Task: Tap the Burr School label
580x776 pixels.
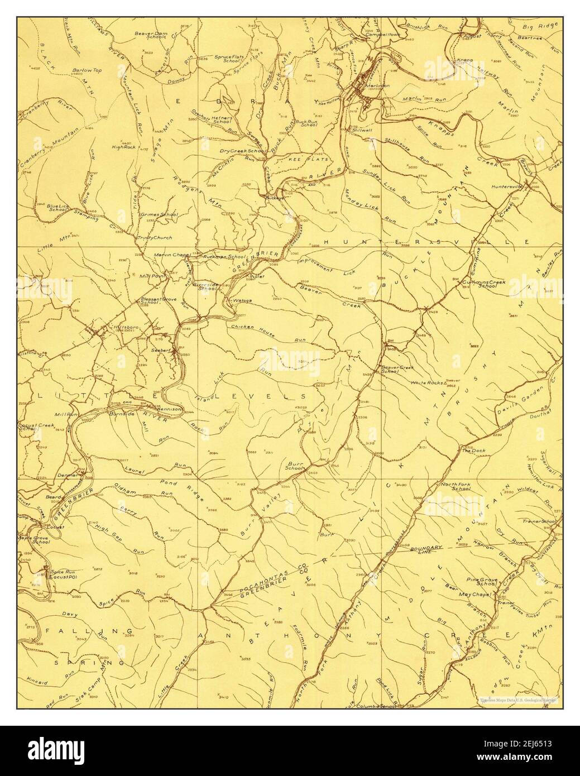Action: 294,467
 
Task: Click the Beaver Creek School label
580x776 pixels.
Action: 397,370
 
